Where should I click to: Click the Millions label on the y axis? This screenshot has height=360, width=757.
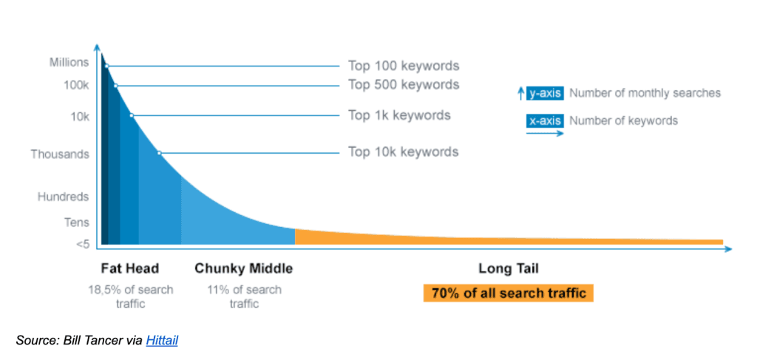pyautogui.click(x=69, y=63)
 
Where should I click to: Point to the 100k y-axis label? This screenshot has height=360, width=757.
pyautogui.click(x=74, y=85)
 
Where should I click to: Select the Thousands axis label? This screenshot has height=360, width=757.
pyautogui.click(x=60, y=154)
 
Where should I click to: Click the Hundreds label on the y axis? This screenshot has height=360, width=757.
pyautogui.click(x=64, y=197)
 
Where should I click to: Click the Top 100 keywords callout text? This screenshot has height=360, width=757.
pyautogui.click(x=404, y=66)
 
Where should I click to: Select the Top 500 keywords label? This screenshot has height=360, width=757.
pyautogui.click(x=404, y=85)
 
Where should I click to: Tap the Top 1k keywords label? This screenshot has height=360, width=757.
pyautogui.click(x=399, y=115)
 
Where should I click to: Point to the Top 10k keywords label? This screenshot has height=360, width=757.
pyautogui.click(x=404, y=152)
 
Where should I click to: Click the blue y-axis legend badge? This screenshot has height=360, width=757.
pyautogui.click(x=545, y=94)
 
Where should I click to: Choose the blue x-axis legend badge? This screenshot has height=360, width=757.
pyautogui.click(x=545, y=120)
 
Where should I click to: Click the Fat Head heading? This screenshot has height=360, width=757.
pyautogui.click(x=129, y=268)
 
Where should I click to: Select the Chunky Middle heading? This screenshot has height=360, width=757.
pyautogui.click(x=243, y=268)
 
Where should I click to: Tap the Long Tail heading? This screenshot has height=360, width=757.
pyautogui.click(x=508, y=268)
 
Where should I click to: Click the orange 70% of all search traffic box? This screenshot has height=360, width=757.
pyautogui.click(x=508, y=293)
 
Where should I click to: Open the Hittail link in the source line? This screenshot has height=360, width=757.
pyautogui.click(x=162, y=341)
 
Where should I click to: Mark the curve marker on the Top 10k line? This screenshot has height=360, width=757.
pyautogui.click(x=159, y=153)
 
